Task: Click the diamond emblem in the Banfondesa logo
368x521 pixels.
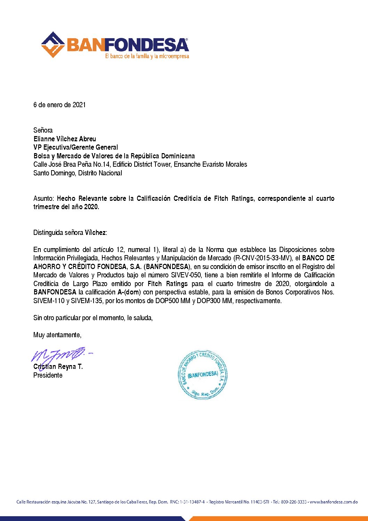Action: pos(53,45)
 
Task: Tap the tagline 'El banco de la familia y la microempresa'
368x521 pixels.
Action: pos(147,56)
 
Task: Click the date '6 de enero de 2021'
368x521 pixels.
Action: pos(59,105)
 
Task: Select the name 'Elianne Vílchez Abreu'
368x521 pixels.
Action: pos(65,139)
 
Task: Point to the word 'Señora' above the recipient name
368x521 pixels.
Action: pos(43,130)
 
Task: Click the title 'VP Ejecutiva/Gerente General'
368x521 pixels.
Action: pos(75,147)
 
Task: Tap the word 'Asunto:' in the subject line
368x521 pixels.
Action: pos(44,198)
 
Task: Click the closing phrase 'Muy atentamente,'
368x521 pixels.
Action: pos(57,335)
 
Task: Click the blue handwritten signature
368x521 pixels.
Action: pos(59,355)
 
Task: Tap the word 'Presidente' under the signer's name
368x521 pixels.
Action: pos(48,375)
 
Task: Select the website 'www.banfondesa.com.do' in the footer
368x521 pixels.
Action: pos(334,502)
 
